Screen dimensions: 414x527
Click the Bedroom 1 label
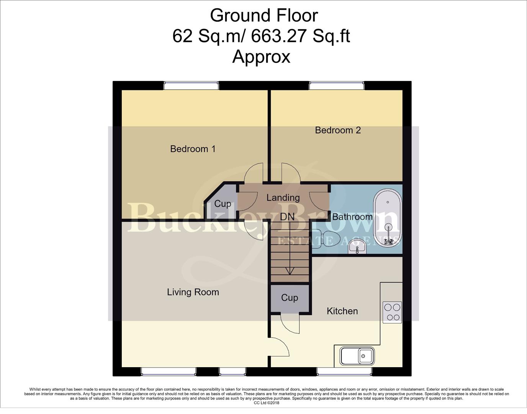(193, 149)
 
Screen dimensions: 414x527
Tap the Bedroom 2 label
(338, 130)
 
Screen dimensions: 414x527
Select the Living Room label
(193, 292)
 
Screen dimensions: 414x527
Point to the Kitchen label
(342, 311)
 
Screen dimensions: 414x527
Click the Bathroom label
(352, 217)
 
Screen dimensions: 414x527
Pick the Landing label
(283, 198)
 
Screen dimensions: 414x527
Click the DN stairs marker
(287, 217)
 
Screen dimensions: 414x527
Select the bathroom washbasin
(357, 249)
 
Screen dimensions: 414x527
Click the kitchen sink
(357, 356)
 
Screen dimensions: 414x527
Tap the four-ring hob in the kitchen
(392, 312)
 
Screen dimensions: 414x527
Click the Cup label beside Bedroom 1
(223, 204)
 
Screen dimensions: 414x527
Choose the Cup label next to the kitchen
(290, 298)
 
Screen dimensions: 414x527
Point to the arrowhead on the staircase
(290, 271)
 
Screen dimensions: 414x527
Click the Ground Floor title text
(264, 15)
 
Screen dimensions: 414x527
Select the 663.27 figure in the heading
(278, 36)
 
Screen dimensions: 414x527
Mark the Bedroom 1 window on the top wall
(191, 85)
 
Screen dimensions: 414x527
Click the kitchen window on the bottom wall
(344, 371)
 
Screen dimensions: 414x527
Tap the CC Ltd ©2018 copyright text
(267, 403)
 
